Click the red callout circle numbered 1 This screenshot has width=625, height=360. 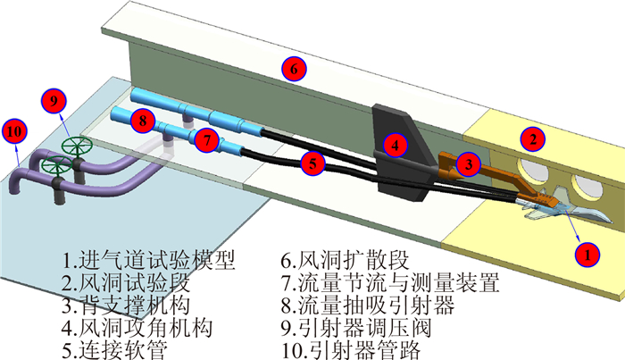(x=586, y=254)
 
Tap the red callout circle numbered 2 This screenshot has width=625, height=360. (x=532, y=138)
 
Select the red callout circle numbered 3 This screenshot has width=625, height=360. (x=468, y=163)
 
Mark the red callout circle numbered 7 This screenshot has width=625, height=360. (x=206, y=140)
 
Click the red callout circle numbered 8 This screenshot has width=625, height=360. (x=140, y=120)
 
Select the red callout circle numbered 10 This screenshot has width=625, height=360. (x=14, y=130)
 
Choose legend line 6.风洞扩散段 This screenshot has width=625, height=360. (x=344, y=261)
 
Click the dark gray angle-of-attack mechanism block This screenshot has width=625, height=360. (x=398, y=165)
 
